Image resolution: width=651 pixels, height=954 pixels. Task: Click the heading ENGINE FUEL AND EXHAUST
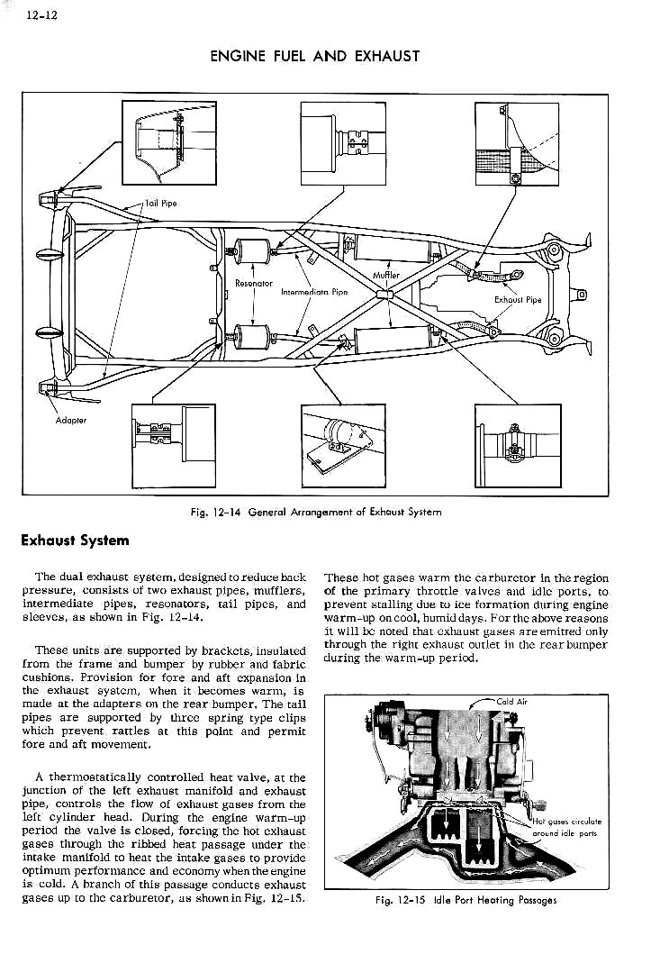(x=315, y=56)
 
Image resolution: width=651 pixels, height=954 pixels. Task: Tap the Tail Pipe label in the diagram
(x=162, y=203)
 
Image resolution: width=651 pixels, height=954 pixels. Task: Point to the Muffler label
(x=386, y=275)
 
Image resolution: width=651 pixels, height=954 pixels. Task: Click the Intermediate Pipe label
(x=315, y=292)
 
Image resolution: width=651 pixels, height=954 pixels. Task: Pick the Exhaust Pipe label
(x=519, y=300)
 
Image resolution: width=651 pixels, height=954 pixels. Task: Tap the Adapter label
(x=70, y=420)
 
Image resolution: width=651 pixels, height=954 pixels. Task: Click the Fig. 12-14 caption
(x=316, y=512)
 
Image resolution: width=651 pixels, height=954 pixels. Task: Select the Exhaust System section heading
(x=76, y=541)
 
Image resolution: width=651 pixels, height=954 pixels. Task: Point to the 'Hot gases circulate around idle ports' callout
(x=566, y=827)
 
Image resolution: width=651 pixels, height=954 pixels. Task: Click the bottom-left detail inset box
(x=173, y=445)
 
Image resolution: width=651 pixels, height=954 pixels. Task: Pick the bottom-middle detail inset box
(x=343, y=445)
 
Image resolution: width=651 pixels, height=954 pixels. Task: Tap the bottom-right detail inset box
(x=516, y=445)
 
